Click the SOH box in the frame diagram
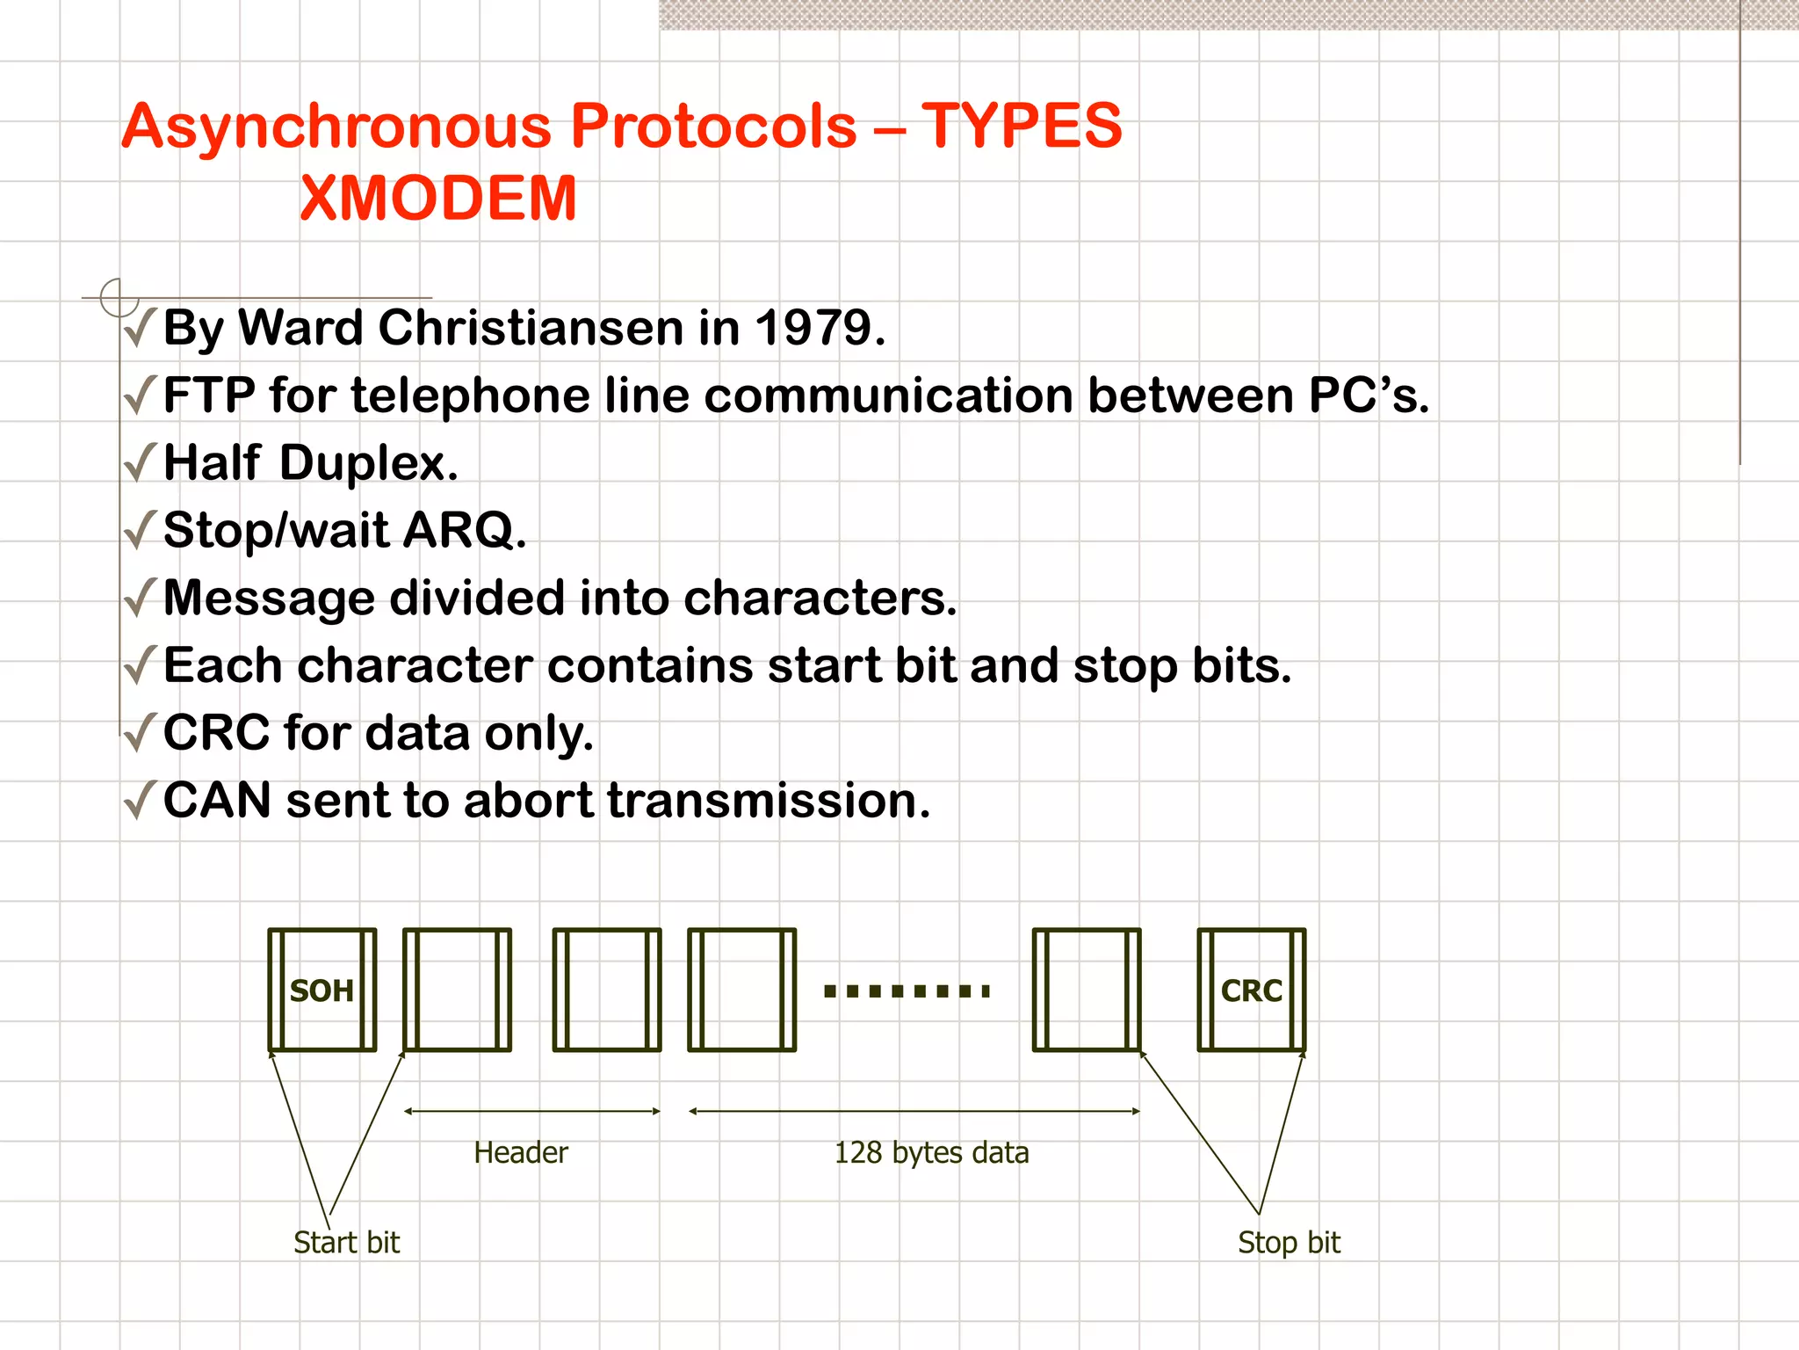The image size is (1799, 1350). (x=322, y=990)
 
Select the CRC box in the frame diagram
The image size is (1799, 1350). (x=1251, y=990)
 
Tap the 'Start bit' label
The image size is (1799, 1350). (x=346, y=1242)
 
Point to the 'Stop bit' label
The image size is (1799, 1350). (x=1289, y=1242)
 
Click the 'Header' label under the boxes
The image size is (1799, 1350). (x=520, y=1152)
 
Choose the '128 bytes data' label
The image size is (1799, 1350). (x=931, y=1152)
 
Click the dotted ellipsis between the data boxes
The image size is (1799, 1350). (x=907, y=991)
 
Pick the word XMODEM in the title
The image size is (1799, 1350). (x=437, y=198)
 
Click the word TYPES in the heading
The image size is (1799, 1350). (x=1021, y=126)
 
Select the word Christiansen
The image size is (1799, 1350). (x=531, y=328)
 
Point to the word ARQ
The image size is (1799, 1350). (x=464, y=530)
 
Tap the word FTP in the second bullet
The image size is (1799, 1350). (x=209, y=396)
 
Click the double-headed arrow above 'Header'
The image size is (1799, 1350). (x=531, y=1111)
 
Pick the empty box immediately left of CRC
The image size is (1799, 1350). (x=1087, y=990)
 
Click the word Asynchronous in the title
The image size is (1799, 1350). (x=338, y=126)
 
